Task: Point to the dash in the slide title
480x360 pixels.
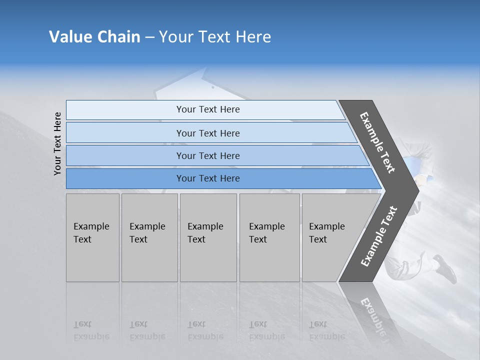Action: pos(149,37)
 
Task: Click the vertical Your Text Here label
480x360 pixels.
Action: pos(57,143)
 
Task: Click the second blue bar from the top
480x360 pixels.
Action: pos(207,133)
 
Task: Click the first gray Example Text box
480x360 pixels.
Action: pos(92,237)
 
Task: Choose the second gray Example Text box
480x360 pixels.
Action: pos(149,237)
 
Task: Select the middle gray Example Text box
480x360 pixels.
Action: pos(208,237)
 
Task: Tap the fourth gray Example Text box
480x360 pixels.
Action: pos(269,237)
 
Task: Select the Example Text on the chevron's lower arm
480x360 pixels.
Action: pos(379,236)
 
